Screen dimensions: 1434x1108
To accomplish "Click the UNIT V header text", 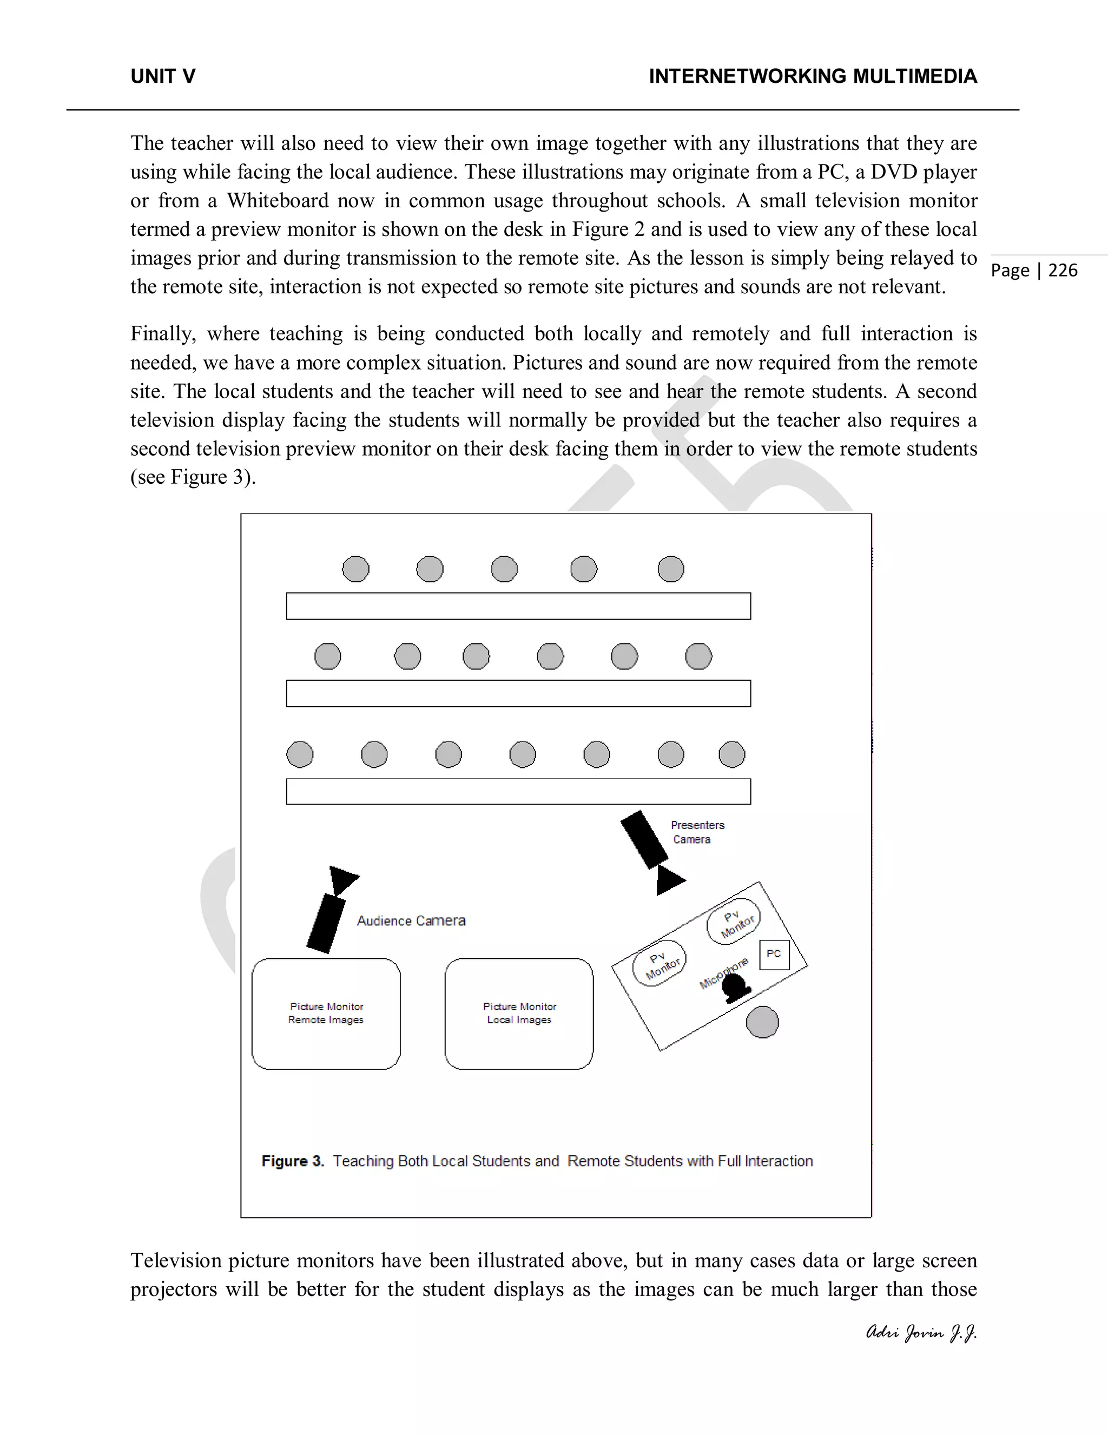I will tap(163, 77).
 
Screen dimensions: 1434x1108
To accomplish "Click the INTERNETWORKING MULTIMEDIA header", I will tap(813, 77).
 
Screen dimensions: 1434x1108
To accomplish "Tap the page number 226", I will tap(1063, 271).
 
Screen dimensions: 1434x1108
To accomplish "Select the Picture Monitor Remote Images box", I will tap(326, 1013).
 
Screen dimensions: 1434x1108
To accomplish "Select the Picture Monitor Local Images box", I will tap(519, 1013).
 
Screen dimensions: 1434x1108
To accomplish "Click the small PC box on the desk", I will tap(774, 955).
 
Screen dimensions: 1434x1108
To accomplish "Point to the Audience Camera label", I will tap(411, 920).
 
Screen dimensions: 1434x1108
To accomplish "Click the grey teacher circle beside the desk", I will tap(763, 1022).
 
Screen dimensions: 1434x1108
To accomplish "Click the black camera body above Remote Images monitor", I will tap(326, 923).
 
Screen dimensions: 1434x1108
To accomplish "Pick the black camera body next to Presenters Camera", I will tap(644, 839).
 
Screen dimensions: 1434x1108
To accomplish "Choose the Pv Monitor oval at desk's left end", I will tap(659, 963).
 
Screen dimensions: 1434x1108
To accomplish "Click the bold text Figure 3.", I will tap(293, 1161).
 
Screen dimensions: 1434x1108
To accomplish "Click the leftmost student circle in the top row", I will tap(356, 569).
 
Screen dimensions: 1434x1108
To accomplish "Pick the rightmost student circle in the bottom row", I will tap(732, 754).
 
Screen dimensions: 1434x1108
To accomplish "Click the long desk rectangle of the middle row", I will tap(518, 693).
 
